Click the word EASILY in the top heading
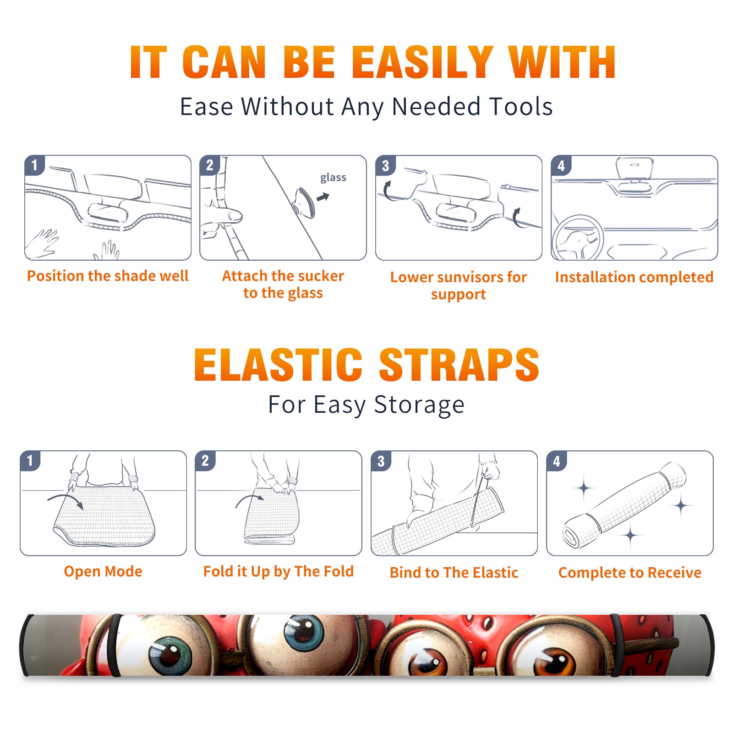click(422, 62)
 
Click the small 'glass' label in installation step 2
click(333, 178)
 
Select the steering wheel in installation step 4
click(578, 237)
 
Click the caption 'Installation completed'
click(634, 277)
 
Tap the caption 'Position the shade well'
click(108, 276)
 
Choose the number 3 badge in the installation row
click(385, 166)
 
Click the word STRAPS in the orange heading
click(459, 365)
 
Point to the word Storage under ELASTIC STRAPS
click(419, 405)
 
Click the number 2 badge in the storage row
click(205, 461)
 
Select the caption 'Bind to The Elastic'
click(454, 573)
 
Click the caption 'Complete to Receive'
click(629, 573)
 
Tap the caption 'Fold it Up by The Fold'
click(279, 571)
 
